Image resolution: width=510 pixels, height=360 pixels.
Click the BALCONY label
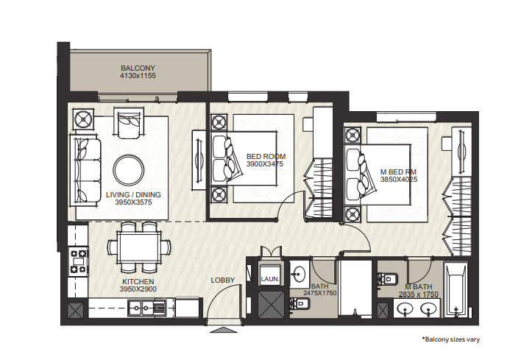click(x=138, y=68)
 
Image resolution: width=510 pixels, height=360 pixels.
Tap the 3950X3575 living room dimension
click(x=133, y=202)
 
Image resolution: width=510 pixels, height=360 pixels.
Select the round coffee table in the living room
click(x=129, y=170)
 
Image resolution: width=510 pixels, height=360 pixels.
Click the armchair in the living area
click(x=129, y=124)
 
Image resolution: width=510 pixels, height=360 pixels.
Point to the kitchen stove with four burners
click(x=79, y=261)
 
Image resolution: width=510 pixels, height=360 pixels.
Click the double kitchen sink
click(x=147, y=308)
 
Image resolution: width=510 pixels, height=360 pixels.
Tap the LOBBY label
click(x=223, y=280)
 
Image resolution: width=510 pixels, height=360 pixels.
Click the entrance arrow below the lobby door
click(x=224, y=330)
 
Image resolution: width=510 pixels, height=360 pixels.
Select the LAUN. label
click(x=270, y=279)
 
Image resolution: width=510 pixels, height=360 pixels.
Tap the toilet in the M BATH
click(x=388, y=279)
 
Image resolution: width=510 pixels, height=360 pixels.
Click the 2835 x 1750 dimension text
click(x=419, y=294)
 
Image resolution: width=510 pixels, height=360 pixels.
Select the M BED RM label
click(x=398, y=172)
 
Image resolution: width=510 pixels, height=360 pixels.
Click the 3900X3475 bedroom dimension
click(x=265, y=164)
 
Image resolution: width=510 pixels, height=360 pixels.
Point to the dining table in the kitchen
click(x=139, y=247)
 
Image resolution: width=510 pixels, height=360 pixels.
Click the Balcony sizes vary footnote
click(x=451, y=339)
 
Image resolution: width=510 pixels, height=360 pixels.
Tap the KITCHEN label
click(x=138, y=281)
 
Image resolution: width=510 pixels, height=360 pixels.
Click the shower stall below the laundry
click(x=271, y=305)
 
